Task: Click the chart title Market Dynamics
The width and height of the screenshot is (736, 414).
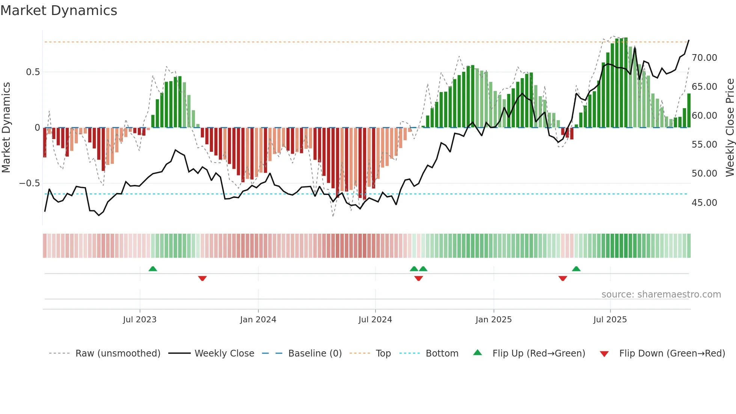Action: pos(59,11)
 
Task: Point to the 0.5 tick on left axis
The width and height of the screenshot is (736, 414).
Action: pos(33,72)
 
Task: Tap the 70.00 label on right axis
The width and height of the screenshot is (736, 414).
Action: pos(704,58)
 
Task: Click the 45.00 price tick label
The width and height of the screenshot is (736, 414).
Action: pos(704,203)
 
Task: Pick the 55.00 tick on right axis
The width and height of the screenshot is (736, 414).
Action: pos(704,145)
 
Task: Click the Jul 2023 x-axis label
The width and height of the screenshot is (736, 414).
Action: pos(140,320)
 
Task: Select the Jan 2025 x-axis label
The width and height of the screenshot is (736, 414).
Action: pos(493,320)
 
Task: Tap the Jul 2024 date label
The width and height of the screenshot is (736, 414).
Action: pos(375,320)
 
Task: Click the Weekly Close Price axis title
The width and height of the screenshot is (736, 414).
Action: pos(730,128)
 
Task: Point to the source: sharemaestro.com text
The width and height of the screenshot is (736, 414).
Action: pos(661,295)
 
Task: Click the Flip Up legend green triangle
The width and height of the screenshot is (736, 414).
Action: pos(477,352)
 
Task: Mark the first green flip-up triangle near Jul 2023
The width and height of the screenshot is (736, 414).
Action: pos(152,269)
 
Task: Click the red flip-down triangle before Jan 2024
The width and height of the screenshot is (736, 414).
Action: pos(202,278)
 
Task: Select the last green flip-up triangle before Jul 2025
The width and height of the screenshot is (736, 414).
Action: pos(576,269)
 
